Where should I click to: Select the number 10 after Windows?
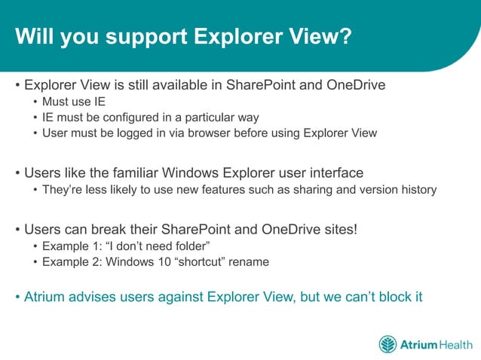click(158, 261)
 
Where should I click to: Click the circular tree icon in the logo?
click(388, 344)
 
